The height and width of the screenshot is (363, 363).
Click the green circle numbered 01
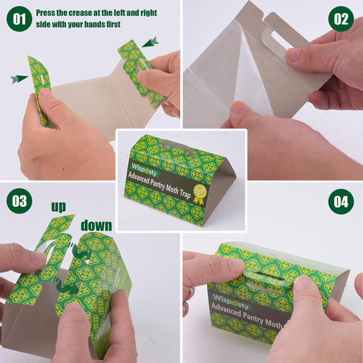(x=19, y=19)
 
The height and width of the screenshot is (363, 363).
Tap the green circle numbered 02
(x=341, y=19)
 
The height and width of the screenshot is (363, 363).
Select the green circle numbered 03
(x=19, y=201)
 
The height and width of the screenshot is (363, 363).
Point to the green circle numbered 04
(x=341, y=201)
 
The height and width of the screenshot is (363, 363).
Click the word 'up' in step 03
(x=59, y=207)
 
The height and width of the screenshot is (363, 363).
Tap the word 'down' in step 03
(x=96, y=226)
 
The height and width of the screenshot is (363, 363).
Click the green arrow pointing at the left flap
(x=19, y=79)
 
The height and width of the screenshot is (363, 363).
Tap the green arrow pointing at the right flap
(x=151, y=42)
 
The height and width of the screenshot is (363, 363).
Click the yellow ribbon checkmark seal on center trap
(x=199, y=194)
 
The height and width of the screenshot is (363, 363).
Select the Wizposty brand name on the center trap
(x=144, y=169)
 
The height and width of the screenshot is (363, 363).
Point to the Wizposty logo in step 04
(x=231, y=301)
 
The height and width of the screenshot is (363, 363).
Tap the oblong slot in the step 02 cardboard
(x=282, y=41)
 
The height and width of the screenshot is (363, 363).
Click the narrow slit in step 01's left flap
(x=42, y=79)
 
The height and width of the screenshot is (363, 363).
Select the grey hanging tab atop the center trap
(x=178, y=147)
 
